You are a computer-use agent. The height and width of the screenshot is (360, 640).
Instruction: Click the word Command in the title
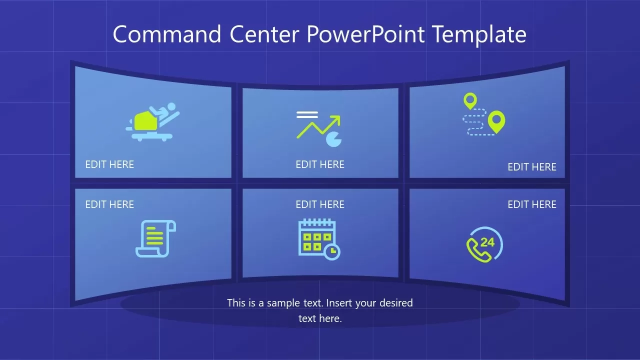pos(166,34)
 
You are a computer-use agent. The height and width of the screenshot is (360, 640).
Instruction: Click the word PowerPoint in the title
pos(365,34)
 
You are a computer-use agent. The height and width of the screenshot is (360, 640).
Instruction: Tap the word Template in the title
pos(478,34)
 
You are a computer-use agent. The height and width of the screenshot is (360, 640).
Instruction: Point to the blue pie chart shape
pos(333,139)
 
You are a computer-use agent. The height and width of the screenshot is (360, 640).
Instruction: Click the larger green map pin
pos(496,121)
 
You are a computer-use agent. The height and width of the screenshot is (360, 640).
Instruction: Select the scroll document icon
pos(155,238)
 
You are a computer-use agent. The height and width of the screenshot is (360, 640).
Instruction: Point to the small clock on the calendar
pos(331,251)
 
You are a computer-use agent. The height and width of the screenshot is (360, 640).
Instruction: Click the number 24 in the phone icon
pos(487,242)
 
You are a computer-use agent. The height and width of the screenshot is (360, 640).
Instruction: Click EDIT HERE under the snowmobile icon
pos(109,164)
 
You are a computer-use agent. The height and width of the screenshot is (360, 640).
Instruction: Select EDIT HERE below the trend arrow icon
pos(320,164)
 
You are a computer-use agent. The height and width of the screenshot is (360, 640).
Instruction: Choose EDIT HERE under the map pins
pos(532,167)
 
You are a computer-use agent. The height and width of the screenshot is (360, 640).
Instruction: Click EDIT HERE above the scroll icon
pos(109,204)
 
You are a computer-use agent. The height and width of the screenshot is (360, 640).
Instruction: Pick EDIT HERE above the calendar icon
pos(320,204)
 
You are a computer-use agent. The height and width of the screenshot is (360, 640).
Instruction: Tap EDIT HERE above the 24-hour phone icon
pos(532,204)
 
